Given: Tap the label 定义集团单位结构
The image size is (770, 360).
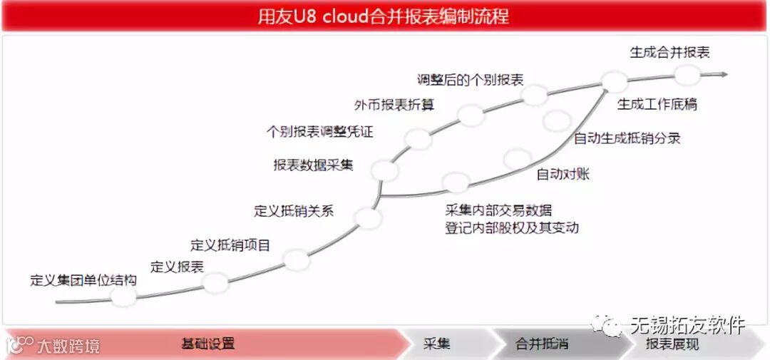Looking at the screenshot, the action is coord(83,279).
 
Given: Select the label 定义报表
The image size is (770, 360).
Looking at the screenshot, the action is coord(178,267).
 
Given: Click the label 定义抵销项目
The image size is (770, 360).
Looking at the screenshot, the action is coord(230,245).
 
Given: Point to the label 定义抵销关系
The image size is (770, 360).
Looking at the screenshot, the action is coord(294,211).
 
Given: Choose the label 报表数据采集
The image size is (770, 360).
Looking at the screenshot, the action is coord(313,165).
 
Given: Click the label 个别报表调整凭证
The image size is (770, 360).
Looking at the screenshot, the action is coord(319,132).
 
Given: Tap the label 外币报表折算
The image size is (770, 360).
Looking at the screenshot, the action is coord(394,105).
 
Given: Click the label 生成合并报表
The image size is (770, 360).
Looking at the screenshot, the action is coord(669,52).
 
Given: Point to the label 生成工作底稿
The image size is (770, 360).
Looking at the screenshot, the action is coord(657,105).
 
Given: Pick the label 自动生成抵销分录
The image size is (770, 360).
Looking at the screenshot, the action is coord(627,138).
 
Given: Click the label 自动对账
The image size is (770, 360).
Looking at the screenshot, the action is coord(563,173).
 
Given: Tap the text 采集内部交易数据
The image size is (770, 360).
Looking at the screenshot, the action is coord(498,210).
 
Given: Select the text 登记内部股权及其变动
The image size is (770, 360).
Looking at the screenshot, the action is coord(511,228).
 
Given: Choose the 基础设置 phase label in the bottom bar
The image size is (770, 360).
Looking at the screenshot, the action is coord(207,344).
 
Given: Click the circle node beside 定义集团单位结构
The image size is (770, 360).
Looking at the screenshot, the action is coord(123,297).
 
